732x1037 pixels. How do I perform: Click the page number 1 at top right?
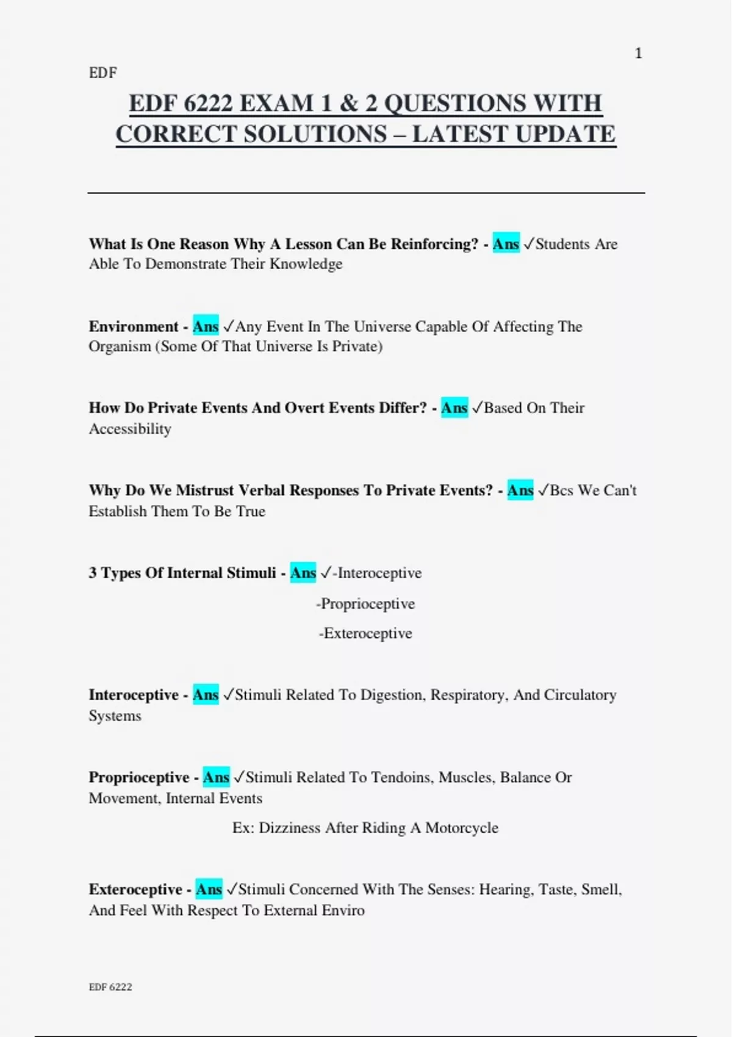click(x=638, y=54)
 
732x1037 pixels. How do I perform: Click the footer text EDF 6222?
click(x=110, y=986)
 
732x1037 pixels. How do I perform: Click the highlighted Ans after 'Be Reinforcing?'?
click(x=506, y=244)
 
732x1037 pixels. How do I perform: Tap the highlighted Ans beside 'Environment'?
click(x=206, y=326)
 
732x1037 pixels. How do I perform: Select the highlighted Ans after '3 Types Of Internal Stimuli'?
click(x=303, y=573)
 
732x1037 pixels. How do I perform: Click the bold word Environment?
click(x=134, y=326)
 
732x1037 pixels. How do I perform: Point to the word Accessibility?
click(x=130, y=429)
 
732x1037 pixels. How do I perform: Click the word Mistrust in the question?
click(x=205, y=490)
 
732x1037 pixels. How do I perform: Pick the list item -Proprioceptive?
click(x=365, y=603)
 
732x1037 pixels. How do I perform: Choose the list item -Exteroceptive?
click(x=365, y=633)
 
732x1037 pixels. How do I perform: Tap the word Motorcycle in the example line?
click(x=462, y=828)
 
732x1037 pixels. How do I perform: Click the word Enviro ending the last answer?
click(x=345, y=910)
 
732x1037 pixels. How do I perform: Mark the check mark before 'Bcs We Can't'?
click(x=543, y=490)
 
